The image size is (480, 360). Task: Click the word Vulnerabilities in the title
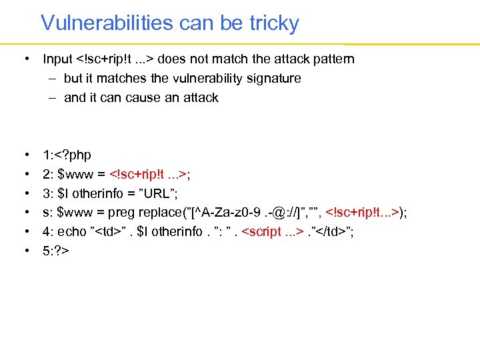pyautogui.click(x=107, y=23)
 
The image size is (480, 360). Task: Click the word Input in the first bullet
pyautogui.click(x=57, y=59)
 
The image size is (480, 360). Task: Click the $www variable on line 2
pyautogui.click(x=76, y=175)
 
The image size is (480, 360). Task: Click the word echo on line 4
pyautogui.click(x=73, y=232)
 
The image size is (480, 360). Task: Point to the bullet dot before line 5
pyautogui.click(x=26, y=251)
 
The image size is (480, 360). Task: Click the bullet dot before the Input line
pyautogui.click(x=26, y=59)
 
